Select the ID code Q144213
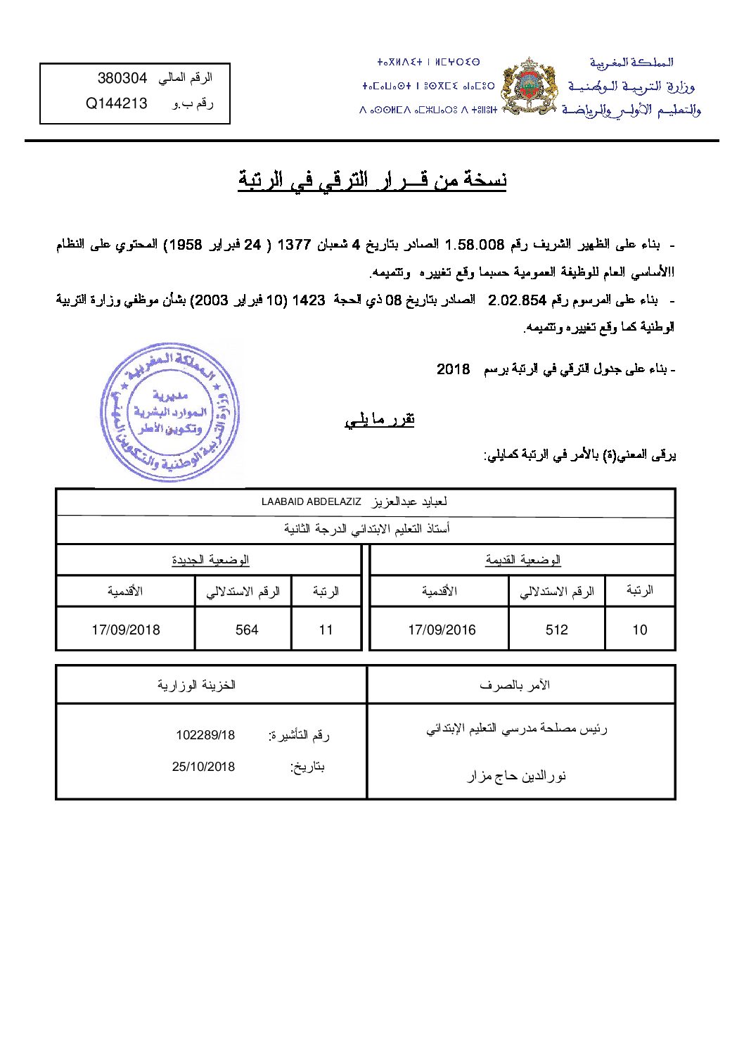tap(117, 103)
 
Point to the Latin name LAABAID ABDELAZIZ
tap(311, 502)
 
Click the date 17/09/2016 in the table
tap(442, 630)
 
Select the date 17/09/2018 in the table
tap(126, 630)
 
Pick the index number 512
tap(556, 630)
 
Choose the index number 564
tap(247, 630)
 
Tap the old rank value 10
tap(639, 630)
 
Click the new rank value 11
tap(326, 630)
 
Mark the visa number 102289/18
tap(205, 735)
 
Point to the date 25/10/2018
tap(203, 766)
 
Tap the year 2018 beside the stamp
tap(453, 369)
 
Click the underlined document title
tap(372, 181)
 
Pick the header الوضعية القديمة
tap(522, 560)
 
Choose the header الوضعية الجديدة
tap(210, 560)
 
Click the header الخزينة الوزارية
tap(196, 684)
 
